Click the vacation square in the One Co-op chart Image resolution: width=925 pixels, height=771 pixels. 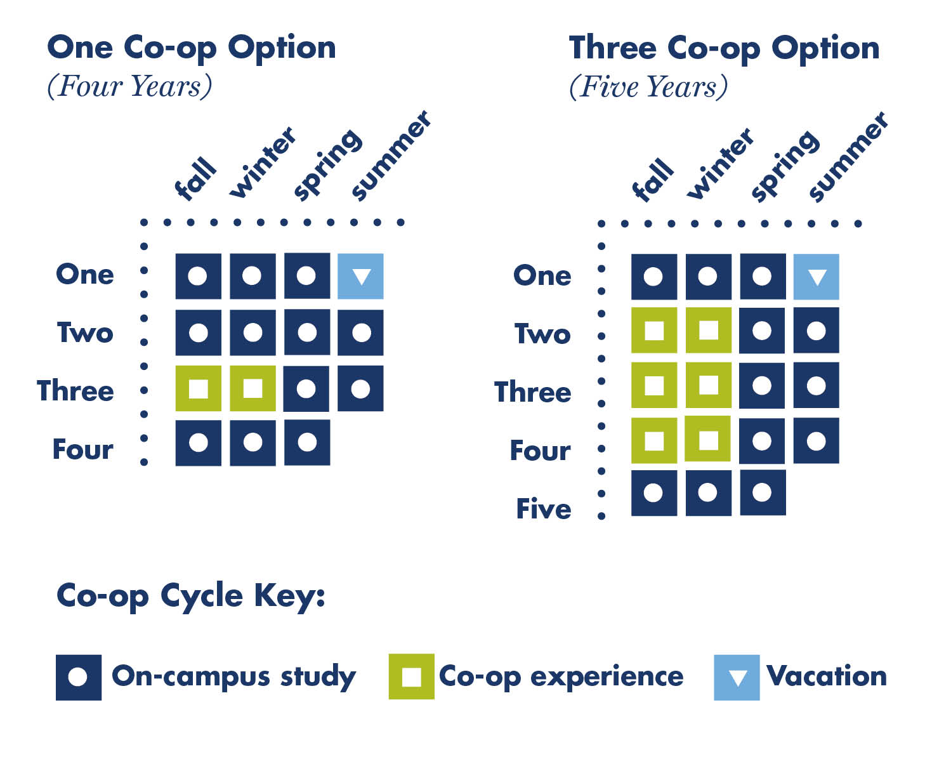pyautogui.click(x=360, y=276)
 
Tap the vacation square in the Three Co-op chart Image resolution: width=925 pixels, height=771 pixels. pyautogui.click(x=816, y=277)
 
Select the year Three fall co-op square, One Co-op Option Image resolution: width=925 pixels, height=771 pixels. pyautogui.click(x=198, y=388)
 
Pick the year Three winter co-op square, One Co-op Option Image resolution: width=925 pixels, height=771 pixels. pyautogui.click(x=253, y=388)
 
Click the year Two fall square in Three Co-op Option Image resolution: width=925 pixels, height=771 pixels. pyautogui.click(x=654, y=330)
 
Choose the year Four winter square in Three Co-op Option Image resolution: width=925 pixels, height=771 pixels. pyautogui.click(x=707, y=438)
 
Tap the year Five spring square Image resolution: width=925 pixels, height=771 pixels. pyautogui.click(x=763, y=492)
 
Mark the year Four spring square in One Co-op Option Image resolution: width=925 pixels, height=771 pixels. pyautogui.click(x=307, y=442)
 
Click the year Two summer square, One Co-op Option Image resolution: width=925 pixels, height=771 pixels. pyautogui.click(x=360, y=333)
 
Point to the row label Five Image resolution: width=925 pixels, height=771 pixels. pyautogui.click(x=544, y=508)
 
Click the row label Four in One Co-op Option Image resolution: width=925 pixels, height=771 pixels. pyautogui.click(x=83, y=449)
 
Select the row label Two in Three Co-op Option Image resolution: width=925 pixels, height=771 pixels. pyautogui.click(x=542, y=333)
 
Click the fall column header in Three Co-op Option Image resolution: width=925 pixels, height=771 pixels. pyautogui.click(x=652, y=180)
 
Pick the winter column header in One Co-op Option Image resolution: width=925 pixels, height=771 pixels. pyautogui.click(x=262, y=162)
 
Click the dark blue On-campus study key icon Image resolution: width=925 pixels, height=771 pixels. pyautogui.click(x=79, y=677)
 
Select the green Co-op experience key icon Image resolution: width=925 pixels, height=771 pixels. pyautogui.click(x=412, y=676)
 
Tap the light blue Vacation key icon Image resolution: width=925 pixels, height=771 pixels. pyautogui.click(x=737, y=677)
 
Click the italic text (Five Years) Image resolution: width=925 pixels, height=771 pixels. pyautogui.click(x=648, y=87)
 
